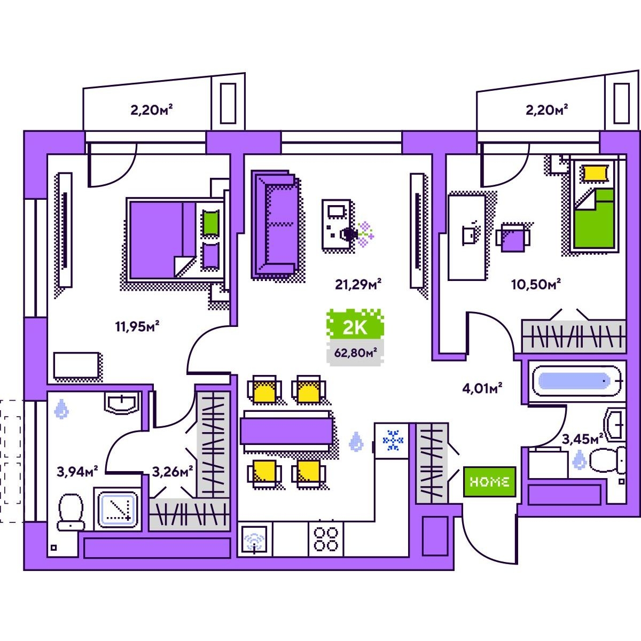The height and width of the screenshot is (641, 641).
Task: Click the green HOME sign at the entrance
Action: pos(489,481)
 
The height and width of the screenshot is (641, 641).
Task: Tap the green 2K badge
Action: pos(355,326)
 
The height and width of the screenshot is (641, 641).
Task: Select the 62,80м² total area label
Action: pos(355,353)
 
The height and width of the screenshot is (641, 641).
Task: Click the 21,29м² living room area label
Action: pos(358,284)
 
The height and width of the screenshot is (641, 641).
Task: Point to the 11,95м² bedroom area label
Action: pos(138,326)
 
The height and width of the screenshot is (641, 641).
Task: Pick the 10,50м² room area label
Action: pos(536,284)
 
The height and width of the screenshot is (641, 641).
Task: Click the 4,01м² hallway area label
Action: pos(482,388)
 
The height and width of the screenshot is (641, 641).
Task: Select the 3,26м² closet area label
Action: pos(172,472)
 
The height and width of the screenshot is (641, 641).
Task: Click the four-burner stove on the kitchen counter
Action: pos(326,538)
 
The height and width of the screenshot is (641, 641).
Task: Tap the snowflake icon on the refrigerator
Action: pos(393,440)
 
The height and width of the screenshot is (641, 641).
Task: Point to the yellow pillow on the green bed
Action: pos(595,173)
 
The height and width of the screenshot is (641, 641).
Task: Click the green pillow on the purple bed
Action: pos(210,223)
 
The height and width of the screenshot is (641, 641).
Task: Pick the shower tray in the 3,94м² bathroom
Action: pos(117,508)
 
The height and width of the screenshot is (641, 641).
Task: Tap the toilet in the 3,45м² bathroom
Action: pos(607,460)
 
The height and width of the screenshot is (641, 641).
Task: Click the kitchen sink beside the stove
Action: pos(255,540)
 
